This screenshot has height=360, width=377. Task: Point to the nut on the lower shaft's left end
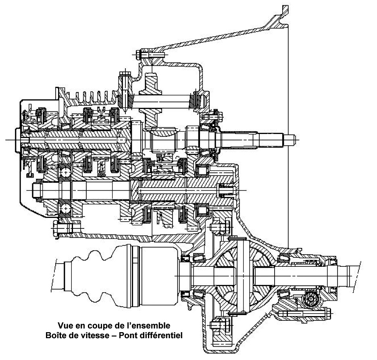(35, 189)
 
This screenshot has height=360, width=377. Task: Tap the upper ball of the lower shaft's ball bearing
(65, 172)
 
